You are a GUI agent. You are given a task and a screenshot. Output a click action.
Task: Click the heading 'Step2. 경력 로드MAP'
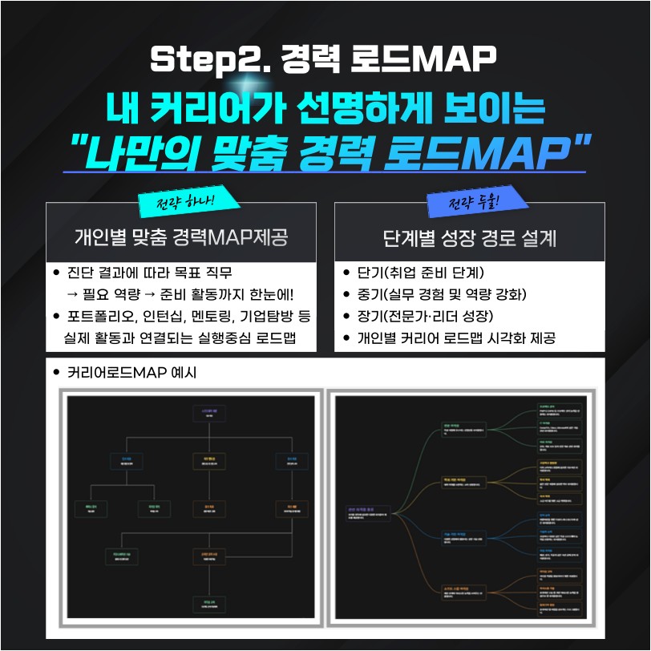coord(324,59)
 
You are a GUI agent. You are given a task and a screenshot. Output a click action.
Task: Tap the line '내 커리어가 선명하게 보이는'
coord(324,110)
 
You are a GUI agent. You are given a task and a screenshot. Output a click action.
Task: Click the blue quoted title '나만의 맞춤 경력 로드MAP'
coord(324,151)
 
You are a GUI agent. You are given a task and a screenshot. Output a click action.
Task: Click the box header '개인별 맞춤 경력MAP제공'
coord(180,238)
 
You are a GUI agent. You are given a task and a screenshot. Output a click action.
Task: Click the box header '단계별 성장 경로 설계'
coord(470,238)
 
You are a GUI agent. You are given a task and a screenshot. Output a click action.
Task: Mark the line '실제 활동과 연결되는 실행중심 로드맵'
coord(180,338)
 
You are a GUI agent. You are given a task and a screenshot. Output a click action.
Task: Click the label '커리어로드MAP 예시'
coord(127,373)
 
